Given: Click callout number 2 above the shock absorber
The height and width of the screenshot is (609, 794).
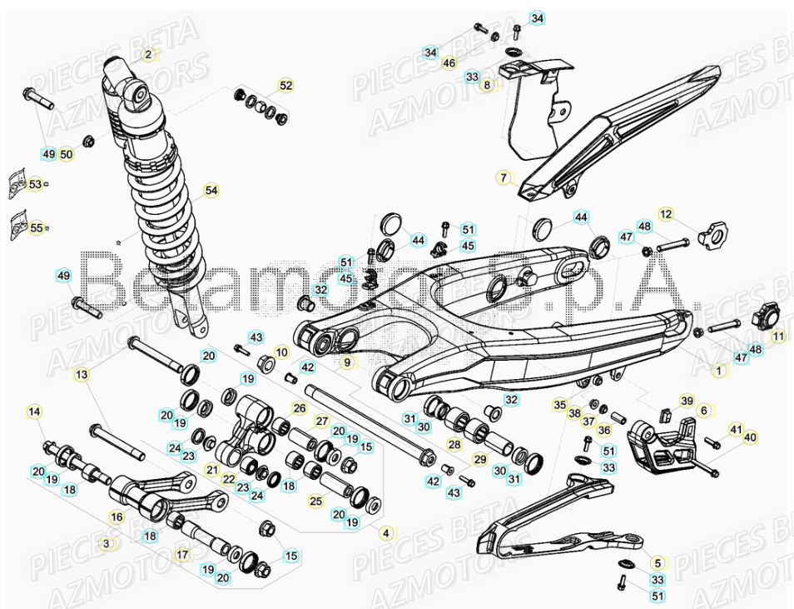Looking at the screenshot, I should [148, 55].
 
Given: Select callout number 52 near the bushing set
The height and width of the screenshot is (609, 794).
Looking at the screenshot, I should [285, 86].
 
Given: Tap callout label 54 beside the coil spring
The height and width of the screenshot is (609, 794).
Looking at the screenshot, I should [211, 191].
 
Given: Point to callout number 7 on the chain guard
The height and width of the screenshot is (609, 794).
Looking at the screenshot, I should [503, 177].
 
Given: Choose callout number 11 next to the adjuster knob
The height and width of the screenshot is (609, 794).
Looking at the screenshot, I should [779, 337].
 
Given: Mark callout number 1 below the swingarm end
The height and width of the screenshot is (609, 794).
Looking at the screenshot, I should [719, 371].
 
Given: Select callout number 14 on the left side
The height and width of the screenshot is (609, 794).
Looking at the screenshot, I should [34, 412].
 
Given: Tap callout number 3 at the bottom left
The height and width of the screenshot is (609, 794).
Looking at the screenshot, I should [106, 543].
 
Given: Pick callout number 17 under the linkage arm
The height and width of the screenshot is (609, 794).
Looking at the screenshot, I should [182, 555].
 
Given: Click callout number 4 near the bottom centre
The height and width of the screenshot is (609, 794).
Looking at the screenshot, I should [385, 532].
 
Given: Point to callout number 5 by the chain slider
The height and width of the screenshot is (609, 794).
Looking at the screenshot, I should [657, 563].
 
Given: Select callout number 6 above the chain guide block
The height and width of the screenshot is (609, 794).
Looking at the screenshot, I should [704, 411].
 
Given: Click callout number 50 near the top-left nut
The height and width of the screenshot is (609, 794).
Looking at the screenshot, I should [67, 154].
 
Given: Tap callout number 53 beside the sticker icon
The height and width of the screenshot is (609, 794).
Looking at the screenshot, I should [35, 184].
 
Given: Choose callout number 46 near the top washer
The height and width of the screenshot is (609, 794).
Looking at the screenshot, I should [449, 62].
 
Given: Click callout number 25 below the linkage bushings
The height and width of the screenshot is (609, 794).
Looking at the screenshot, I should [315, 501].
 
